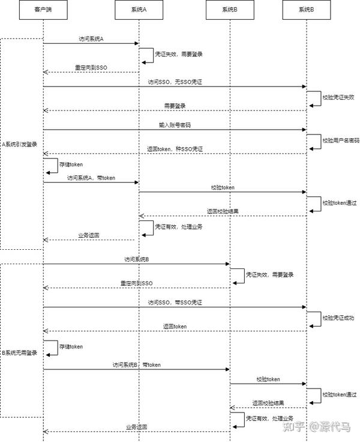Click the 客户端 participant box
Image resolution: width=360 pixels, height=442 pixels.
click(43, 10)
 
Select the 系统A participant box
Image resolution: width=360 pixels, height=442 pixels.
click(139, 10)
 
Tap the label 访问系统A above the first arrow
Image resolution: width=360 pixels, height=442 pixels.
click(91, 38)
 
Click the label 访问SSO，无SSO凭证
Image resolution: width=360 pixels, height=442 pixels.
click(175, 81)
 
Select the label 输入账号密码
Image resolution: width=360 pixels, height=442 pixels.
click(175, 125)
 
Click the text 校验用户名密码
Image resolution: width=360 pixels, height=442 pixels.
click(340, 141)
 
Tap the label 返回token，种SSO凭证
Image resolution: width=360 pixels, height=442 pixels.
click(175, 148)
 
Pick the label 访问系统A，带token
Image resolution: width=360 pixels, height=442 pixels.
click(91, 178)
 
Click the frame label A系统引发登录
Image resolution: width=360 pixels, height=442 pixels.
click(20, 144)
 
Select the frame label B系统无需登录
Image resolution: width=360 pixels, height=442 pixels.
click(20, 353)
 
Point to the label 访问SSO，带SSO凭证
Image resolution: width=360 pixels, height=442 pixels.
click(175, 302)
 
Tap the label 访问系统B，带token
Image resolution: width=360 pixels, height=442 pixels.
click(137, 365)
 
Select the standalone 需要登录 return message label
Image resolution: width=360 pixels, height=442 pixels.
click(175, 105)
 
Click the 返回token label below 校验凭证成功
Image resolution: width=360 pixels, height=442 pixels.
click(175, 326)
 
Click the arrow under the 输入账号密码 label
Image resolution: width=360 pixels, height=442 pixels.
click(175, 130)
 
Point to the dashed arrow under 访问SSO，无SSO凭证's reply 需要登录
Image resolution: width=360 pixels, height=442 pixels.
click(175, 110)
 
